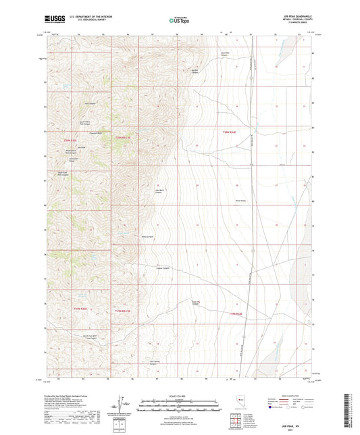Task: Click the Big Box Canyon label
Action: tap(197, 70)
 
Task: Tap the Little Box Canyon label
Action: tap(226, 52)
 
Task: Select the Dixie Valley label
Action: tap(240, 200)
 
